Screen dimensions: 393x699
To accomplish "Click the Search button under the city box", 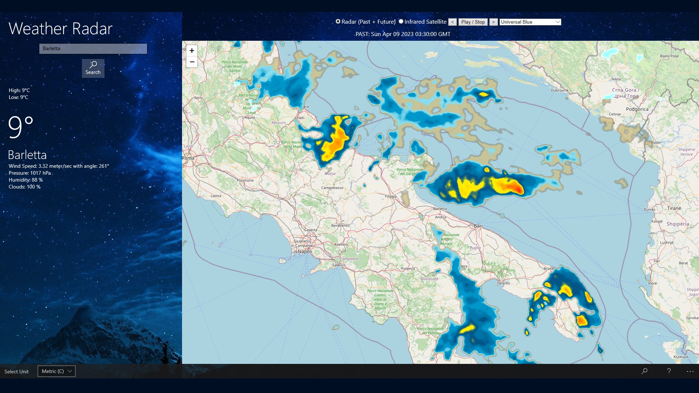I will [x=93, y=68].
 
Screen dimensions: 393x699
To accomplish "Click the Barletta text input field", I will [x=93, y=49].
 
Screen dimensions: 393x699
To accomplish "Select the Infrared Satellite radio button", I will [x=401, y=21].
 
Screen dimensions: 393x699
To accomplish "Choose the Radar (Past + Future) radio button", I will [x=338, y=21].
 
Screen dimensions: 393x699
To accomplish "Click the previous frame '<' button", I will [x=453, y=22].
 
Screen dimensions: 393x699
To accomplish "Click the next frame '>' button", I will [x=493, y=22].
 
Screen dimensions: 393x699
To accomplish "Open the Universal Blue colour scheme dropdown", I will [x=530, y=22].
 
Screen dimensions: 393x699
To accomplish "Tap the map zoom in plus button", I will [x=192, y=51].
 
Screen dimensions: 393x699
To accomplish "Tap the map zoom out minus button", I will [x=192, y=62].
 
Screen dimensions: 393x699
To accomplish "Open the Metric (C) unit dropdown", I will [x=56, y=371].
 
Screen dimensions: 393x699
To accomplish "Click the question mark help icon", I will [x=669, y=371].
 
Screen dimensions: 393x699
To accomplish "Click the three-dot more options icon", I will [x=690, y=371].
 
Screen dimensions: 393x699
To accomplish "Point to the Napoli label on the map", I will [x=305, y=251].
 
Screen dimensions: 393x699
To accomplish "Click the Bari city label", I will [x=478, y=226].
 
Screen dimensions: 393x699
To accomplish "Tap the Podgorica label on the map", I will [x=637, y=109].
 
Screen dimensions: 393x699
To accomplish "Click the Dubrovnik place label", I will [x=560, y=90].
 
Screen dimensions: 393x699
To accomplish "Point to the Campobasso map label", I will [x=332, y=188].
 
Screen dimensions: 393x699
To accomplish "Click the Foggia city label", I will [x=391, y=196].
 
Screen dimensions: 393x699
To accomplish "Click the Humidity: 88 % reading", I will [x=26, y=180].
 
